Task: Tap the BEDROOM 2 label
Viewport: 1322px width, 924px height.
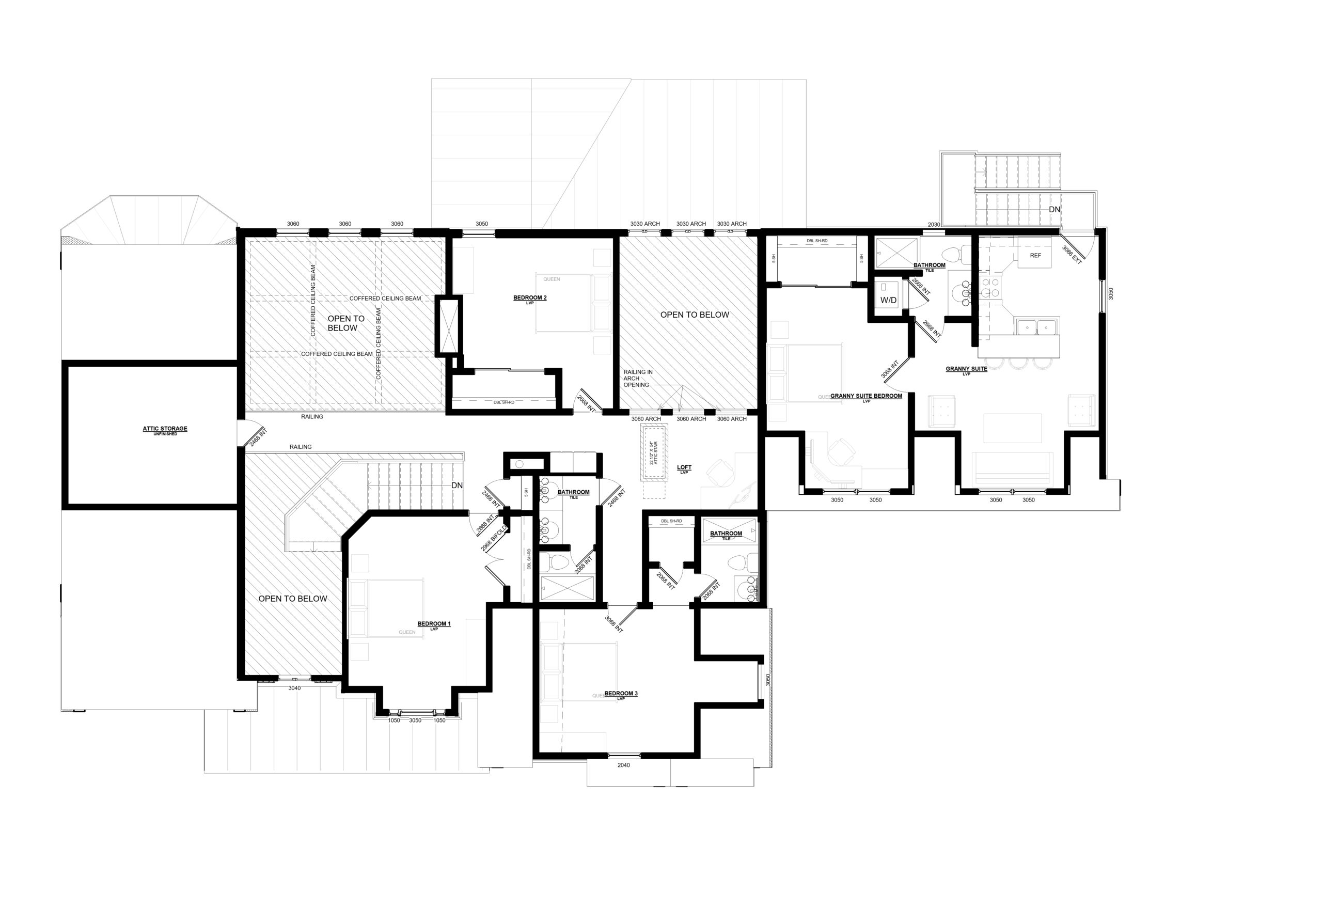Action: [530, 298]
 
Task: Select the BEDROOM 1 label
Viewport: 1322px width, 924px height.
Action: [434, 624]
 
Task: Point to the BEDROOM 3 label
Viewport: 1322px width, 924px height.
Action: [621, 694]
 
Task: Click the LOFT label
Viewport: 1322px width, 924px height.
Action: [684, 468]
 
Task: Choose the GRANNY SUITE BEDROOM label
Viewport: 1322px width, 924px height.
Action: [866, 396]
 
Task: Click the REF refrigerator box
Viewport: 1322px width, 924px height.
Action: [1035, 256]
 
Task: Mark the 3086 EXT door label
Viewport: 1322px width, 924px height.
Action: [1072, 255]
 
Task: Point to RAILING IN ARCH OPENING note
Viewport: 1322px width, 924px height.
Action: [637, 378]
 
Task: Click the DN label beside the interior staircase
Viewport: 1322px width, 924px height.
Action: [457, 486]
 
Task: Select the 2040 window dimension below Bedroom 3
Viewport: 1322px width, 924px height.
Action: [624, 765]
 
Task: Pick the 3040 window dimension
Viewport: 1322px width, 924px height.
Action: [294, 688]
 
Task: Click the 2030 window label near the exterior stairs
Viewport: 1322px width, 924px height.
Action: [934, 225]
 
